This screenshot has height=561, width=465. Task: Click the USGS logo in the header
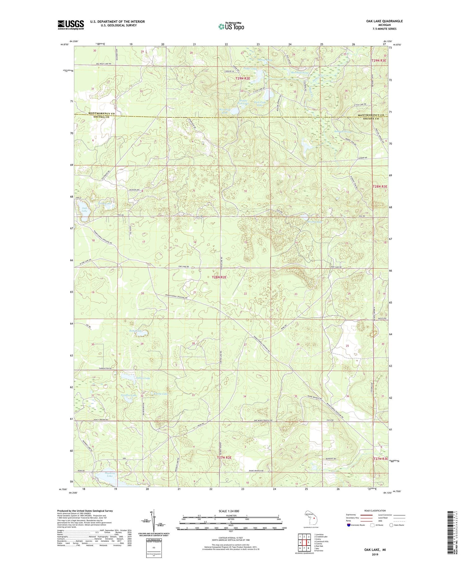pyautogui.click(x=71, y=25)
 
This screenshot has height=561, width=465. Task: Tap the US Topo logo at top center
pyautogui.click(x=231, y=27)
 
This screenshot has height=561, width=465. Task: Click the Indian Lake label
pyautogui.click(x=143, y=378)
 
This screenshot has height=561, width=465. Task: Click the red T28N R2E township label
pyautogui.click(x=219, y=277)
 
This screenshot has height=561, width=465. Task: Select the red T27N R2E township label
pyautogui.click(x=224, y=457)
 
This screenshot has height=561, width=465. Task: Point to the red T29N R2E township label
pyautogui.click(x=242, y=79)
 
